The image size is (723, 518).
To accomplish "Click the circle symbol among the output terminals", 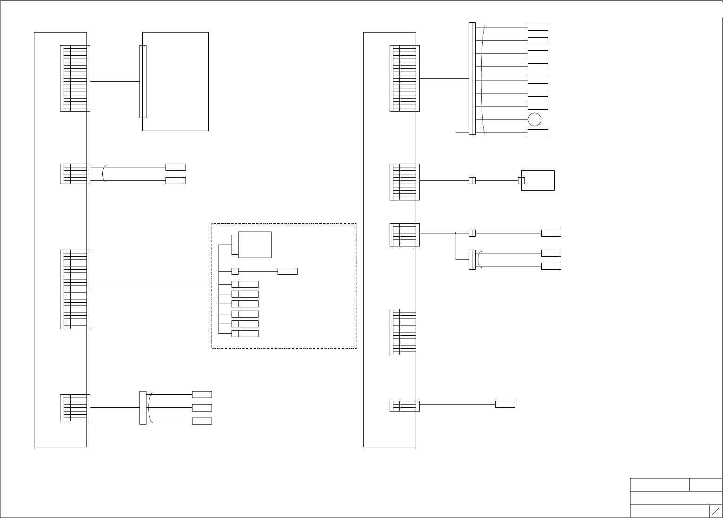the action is pyautogui.click(x=535, y=120).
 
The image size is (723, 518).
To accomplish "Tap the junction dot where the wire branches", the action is pyautogui.click(x=456, y=233).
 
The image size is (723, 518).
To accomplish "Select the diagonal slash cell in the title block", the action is pyautogui.click(x=716, y=511).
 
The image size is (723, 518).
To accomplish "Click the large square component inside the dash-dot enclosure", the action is pyautogui.click(x=254, y=245).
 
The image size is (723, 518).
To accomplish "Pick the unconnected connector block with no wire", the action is pyautogui.click(x=403, y=332).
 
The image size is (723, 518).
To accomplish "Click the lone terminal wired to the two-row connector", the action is pyautogui.click(x=505, y=404).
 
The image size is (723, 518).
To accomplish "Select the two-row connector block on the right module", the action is pyautogui.click(x=405, y=406).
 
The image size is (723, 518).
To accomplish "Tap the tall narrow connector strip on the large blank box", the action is pyautogui.click(x=143, y=81).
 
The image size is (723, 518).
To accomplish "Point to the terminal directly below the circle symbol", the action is pyautogui.click(x=538, y=133).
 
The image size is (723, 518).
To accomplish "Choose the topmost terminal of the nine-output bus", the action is pyautogui.click(x=538, y=27).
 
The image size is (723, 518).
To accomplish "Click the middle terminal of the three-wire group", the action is pyautogui.click(x=202, y=408).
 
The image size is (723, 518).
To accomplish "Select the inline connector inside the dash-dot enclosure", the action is pyautogui.click(x=235, y=271).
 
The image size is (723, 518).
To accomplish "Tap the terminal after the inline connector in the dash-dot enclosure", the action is pyautogui.click(x=287, y=271).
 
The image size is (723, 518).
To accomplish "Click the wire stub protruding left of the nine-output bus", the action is pyautogui.click(x=462, y=133).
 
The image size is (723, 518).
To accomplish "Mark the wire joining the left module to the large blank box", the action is pyautogui.click(x=115, y=81).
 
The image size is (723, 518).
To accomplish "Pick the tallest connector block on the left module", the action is pyautogui.click(x=75, y=289).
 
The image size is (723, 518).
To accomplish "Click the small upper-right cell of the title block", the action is pyautogui.click(x=705, y=485).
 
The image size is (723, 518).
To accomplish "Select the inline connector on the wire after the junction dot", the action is pyautogui.click(x=472, y=233).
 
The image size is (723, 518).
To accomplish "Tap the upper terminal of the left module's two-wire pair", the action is pyautogui.click(x=176, y=167).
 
